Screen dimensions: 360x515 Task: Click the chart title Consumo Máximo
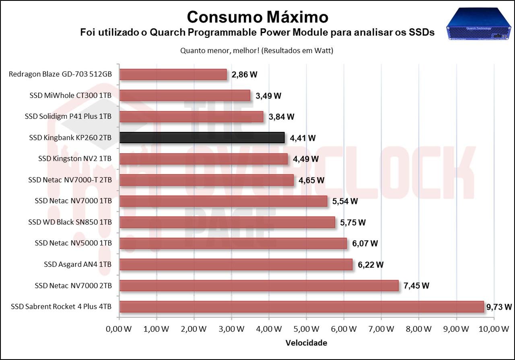(x=257, y=17)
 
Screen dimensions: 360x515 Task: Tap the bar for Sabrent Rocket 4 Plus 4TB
(x=301, y=307)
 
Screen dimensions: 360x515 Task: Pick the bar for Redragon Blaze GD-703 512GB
(x=173, y=74)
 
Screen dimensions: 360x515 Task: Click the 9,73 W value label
(x=499, y=307)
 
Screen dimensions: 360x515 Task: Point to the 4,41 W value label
(x=303, y=138)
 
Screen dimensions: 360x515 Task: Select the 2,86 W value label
(x=244, y=74)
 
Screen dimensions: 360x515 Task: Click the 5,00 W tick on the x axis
(x=306, y=329)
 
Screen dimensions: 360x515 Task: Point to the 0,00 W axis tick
(x=119, y=329)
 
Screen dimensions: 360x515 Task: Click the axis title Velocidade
(x=306, y=343)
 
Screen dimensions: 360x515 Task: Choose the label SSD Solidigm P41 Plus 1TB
(x=68, y=117)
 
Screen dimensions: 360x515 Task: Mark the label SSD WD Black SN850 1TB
(x=70, y=222)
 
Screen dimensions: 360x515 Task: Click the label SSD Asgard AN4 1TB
(x=78, y=264)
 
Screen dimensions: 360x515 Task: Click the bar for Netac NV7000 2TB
(x=259, y=286)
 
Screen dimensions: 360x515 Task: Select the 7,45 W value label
(x=416, y=286)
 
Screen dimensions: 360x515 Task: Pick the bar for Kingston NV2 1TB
(x=204, y=159)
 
